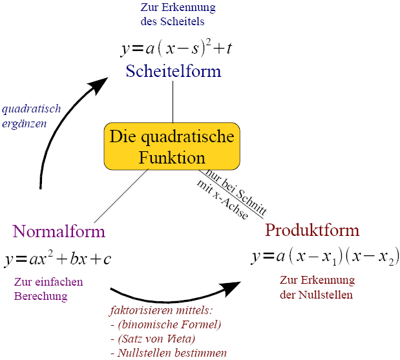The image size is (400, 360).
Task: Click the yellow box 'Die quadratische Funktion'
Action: pos(172,147)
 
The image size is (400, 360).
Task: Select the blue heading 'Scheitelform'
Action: pos(173,70)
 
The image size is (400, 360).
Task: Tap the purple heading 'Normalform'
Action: pos(59,231)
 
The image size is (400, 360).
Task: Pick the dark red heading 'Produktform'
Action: pos(312,230)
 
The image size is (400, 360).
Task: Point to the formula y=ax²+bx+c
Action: pos(58,259)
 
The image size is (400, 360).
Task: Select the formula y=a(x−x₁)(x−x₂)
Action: pos(325,256)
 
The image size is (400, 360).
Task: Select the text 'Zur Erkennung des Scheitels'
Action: pos(178,14)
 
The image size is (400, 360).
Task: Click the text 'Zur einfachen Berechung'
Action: pos(48,289)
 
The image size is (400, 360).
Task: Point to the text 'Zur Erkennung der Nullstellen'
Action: pos(317,288)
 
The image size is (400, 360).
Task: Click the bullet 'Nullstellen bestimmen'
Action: pos(172,353)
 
